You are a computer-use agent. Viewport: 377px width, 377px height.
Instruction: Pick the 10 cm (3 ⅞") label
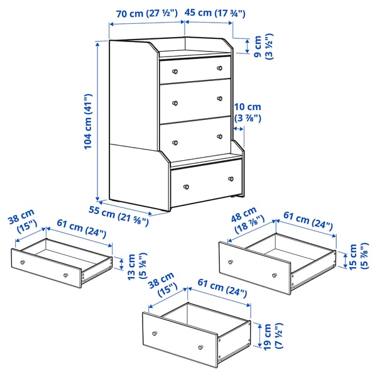(247, 112)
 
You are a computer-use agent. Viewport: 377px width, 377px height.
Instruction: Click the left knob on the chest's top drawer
(176, 68)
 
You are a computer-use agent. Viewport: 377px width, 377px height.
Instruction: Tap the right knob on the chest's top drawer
(219, 68)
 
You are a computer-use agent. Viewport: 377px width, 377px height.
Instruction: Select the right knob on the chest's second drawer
(221, 101)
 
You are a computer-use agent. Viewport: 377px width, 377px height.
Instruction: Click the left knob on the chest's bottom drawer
(186, 187)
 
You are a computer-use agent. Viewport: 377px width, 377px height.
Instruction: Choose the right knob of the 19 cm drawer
(200, 347)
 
